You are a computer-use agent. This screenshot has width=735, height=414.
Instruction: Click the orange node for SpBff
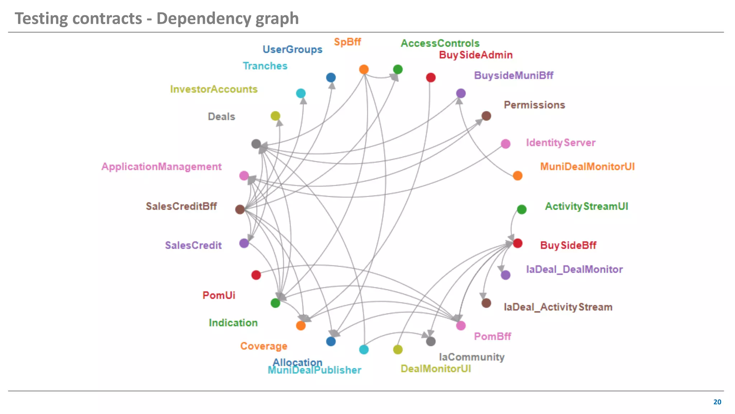click(364, 69)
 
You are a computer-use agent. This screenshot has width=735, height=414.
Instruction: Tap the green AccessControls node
click(398, 69)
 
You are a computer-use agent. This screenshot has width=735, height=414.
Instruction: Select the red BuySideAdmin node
click(431, 78)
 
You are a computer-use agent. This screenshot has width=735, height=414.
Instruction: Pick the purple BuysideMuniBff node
click(461, 93)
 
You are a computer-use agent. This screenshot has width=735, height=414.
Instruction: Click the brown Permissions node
click(486, 116)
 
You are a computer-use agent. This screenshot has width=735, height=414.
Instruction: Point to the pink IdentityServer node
click(506, 144)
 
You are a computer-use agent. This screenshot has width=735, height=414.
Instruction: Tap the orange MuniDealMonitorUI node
click(518, 176)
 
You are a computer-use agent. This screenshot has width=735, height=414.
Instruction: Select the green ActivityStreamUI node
click(522, 209)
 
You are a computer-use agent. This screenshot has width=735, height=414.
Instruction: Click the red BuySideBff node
click(518, 243)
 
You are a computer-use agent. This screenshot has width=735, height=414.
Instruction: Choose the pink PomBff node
click(461, 326)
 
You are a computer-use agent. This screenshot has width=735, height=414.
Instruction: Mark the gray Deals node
click(256, 144)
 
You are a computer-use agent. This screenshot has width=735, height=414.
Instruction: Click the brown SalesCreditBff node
click(240, 209)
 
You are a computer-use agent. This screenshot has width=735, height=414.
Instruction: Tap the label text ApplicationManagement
click(161, 167)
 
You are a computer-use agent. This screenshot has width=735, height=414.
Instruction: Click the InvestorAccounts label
click(214, 89)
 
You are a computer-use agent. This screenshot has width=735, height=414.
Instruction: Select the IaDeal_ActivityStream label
click(558, 307)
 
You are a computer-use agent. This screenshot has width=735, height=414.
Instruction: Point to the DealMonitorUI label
click(436, 369)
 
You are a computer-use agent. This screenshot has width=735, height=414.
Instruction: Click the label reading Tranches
click(265, 66)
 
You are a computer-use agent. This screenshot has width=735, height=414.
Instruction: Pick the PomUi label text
click(219, 295)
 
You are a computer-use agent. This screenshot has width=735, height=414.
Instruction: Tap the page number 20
click(717, 402)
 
